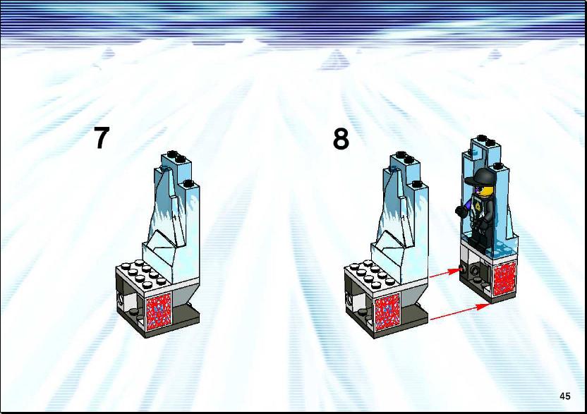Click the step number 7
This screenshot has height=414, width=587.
click(101, 138)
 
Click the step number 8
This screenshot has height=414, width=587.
click(341, 139)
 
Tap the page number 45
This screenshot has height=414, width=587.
click(565, 396)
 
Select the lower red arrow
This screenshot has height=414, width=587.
click(459, 312)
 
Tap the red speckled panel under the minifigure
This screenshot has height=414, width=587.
click(504, 279)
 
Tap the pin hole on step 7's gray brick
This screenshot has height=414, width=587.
click(121, 298)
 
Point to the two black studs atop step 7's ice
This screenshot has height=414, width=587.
click(176, 156)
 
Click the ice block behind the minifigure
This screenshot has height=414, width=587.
click(488, 195)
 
